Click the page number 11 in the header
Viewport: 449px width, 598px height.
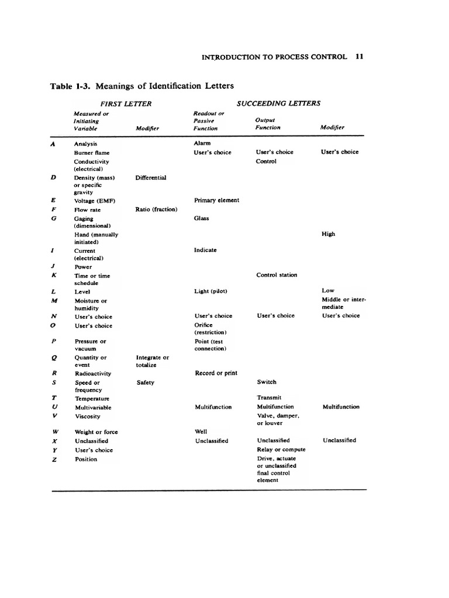[360, 57]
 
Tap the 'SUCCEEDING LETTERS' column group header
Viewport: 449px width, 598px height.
[278, 103]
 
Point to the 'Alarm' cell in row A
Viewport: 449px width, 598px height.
[202, 142]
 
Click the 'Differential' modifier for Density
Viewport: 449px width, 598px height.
[151, 177]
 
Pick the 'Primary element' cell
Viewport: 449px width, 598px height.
[216, 200]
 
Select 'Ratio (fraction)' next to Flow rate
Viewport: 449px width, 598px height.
[156, 209]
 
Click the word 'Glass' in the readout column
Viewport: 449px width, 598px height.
[202, 218]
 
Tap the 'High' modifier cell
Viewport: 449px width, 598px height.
[329, 234]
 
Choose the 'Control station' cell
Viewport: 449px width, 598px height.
[277, 275]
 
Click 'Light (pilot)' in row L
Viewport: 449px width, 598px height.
[210, 291]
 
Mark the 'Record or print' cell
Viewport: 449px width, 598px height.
[216, 373]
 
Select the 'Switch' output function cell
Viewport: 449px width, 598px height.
[267, 382]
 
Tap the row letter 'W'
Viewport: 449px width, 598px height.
[54, 432]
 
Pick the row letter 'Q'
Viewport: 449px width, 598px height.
[54, 358]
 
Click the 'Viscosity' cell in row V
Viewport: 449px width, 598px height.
[87, 416]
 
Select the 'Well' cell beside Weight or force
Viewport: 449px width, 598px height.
[200, 432]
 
